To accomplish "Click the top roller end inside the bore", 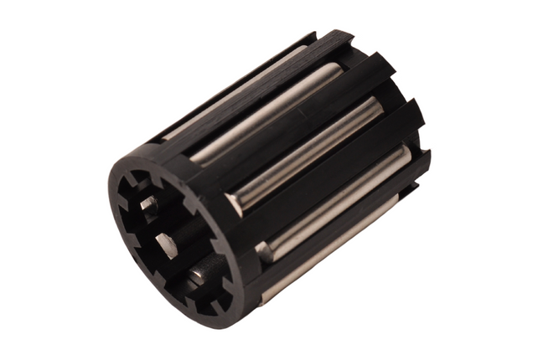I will [150, 204].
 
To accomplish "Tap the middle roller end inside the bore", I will [165, 245].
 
